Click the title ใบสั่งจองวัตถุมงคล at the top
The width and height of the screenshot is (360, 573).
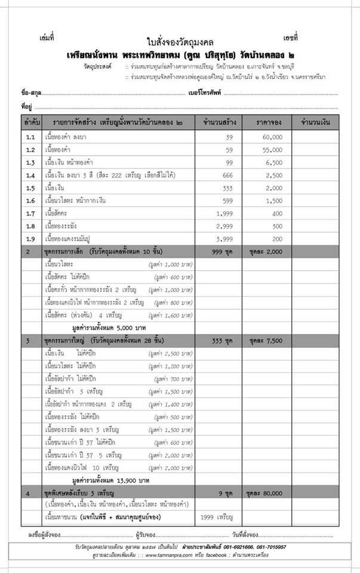(x=180, y=42)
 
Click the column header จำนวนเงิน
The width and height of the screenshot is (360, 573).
(x=316, y=122)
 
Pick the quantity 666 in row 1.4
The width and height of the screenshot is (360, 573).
(x=225, y=175)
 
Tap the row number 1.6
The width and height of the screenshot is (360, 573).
(x=30, y=201)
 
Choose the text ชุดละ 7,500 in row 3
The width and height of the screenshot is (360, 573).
(x=268, y=340)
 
